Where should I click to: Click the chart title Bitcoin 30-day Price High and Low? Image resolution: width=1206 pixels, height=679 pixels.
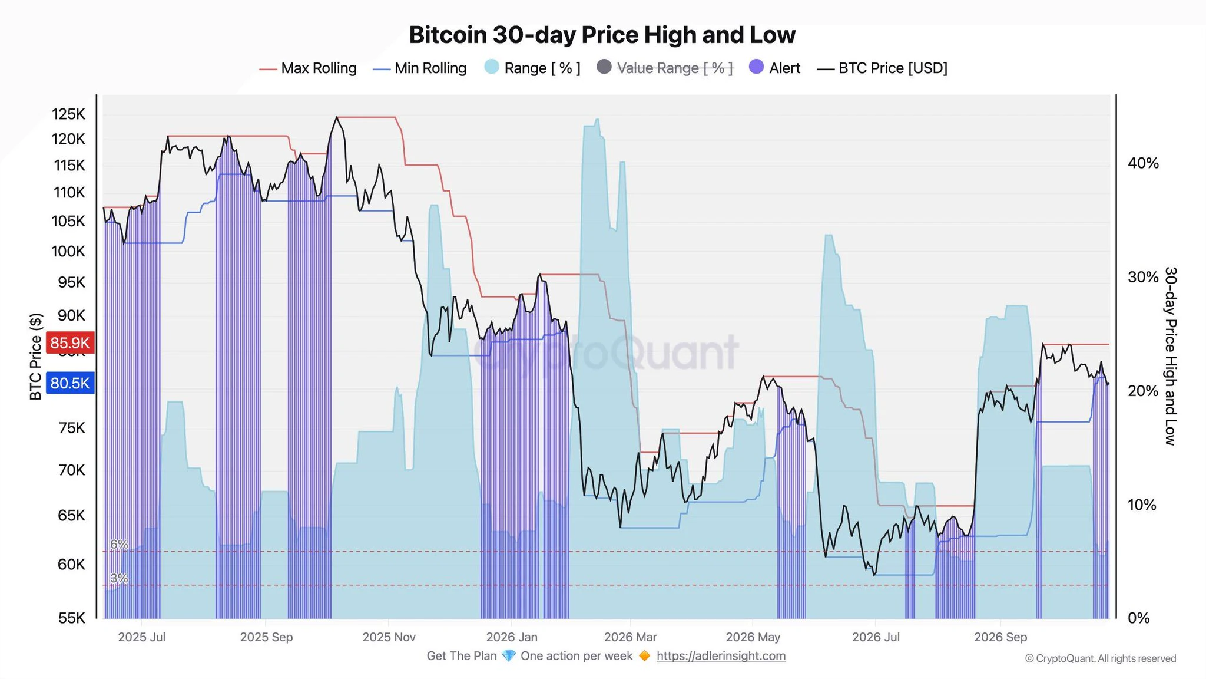pos(602,35)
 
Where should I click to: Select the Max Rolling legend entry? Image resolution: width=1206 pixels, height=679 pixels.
pos(308,68)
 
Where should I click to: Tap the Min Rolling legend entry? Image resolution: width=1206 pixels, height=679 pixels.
pos(420,68)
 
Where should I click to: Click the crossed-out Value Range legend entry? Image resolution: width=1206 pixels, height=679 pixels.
pos(665,68)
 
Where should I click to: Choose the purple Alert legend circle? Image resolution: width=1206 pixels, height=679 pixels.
pos(756,67)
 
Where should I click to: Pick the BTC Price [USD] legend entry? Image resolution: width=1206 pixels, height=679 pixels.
pos(882,68)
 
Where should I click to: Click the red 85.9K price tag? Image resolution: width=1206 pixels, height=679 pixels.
pos(69,342)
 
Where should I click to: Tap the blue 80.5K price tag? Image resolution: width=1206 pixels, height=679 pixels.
pos(69,383)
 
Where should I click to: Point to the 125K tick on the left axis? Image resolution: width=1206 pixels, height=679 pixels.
pos(68,114)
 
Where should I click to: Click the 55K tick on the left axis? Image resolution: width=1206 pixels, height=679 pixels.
pos(72,618)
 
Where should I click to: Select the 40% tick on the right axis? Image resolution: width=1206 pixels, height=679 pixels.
pos(1143,163)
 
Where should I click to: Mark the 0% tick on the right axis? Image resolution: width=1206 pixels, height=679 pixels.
pos(1138,618)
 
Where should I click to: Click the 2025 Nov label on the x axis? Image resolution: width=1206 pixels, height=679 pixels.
pos(389,637)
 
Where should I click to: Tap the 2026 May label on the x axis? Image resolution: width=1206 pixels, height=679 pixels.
pos(753,637)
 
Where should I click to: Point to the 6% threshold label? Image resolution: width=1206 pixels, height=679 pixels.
pos(119,545)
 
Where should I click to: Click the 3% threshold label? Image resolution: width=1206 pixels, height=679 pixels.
pos(119,578)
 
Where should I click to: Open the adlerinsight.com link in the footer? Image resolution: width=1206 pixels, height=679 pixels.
pos(721,656)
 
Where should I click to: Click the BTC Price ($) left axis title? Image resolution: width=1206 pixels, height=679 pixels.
pos(36,357)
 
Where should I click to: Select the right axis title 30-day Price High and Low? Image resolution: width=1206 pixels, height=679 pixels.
pos(1171,356)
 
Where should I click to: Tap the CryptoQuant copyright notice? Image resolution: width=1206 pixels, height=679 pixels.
pos(1101,658)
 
